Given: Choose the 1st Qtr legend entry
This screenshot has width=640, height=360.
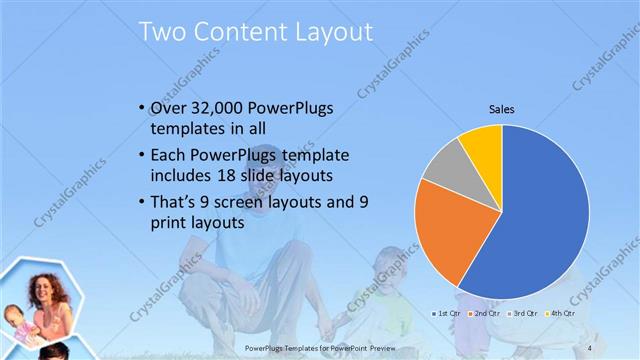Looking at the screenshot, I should click(446, 313).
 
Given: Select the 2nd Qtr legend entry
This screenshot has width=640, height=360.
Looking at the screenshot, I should click(486, 313).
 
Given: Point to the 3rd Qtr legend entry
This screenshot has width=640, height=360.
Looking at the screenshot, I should click(524, 313).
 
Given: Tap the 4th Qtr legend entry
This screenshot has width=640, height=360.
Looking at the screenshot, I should click(561, 313).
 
